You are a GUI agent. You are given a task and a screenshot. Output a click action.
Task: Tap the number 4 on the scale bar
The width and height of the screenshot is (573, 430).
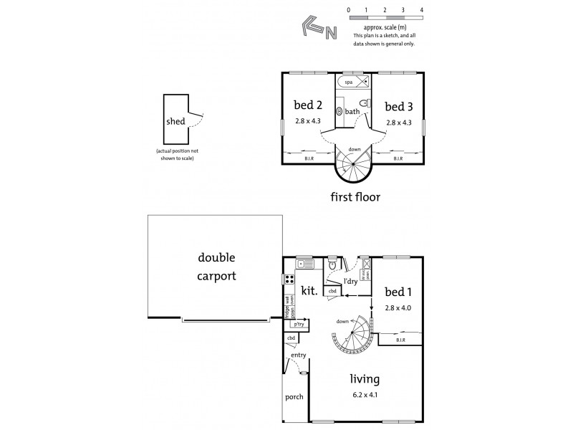(x=422, y=10)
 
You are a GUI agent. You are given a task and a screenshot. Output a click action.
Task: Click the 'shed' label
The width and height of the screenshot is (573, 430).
(x=175, y=121)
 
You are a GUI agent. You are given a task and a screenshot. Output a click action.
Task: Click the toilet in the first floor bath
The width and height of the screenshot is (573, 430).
(x=364, y=105)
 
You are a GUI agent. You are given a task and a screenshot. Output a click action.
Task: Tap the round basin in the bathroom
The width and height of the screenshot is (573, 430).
(x=340, y=112)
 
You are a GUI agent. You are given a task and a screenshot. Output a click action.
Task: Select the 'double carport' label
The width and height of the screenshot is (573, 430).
(x=217, y=266)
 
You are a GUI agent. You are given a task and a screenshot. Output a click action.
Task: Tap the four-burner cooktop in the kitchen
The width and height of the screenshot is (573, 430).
(x=291, y=279)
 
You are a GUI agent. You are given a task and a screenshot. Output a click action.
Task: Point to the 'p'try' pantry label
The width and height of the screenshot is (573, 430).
(x=297, y=324)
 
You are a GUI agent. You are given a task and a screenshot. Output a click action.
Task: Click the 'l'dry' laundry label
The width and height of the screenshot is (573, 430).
(x=351, y=280)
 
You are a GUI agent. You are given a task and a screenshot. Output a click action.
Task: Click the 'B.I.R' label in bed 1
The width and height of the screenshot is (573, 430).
(x=400, y=340)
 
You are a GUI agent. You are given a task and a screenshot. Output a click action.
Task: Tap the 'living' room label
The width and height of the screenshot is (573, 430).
(x=365, y=379)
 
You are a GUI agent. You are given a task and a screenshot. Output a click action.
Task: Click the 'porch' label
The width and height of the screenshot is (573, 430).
(x=294, y=397)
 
